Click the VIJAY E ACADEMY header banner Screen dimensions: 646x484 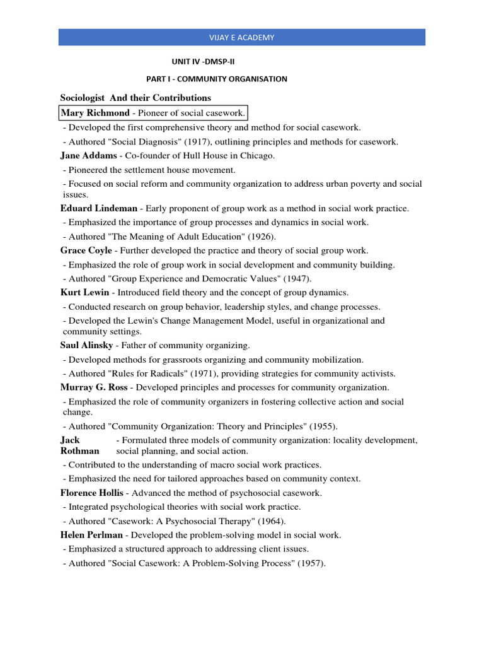coord(242,37)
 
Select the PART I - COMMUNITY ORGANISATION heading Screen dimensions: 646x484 coord(217,79)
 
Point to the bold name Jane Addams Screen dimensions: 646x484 coord(88,155)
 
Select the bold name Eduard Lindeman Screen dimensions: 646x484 coord(99,208)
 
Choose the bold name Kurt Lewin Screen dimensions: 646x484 coord(85,293)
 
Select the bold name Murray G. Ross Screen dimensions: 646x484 coord(94,387)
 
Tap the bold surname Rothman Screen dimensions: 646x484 coord(80,451)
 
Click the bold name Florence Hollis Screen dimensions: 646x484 coord(92,493)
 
